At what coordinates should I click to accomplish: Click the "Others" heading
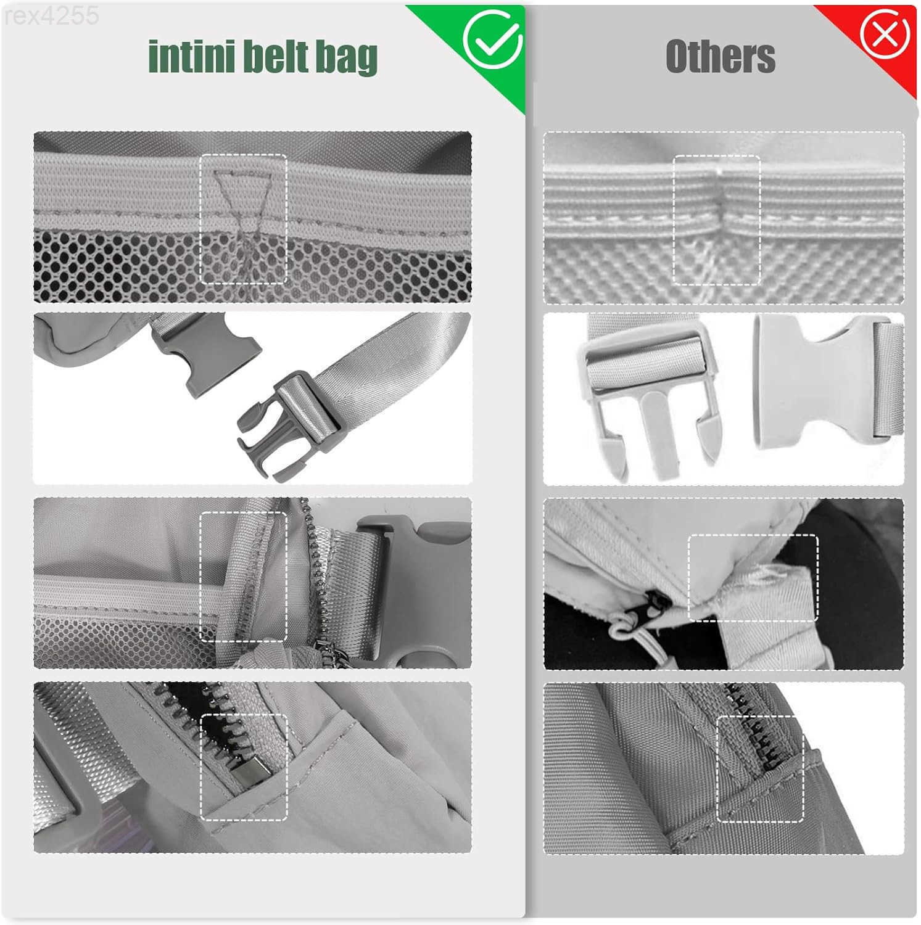point(720,56)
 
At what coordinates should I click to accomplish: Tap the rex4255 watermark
point(51,17)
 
